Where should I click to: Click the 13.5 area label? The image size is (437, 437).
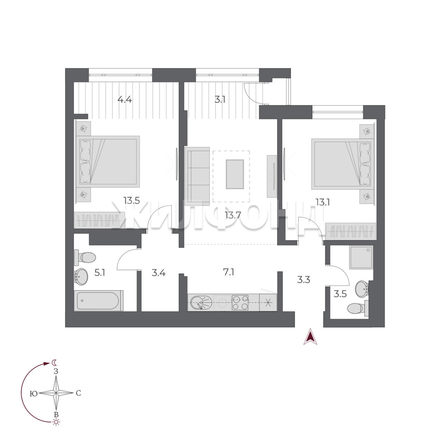[x=132, y=200]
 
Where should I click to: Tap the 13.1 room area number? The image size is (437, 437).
[x=322, y=202]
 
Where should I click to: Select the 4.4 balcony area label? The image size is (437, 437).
[x=125, y=99]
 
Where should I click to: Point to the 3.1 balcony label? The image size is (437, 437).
[x=220, y=99]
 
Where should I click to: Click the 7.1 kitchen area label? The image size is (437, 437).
[x=229, y=272]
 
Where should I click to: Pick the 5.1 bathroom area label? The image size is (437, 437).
[x=100, y=272]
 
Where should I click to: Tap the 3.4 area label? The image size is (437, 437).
[x=159, y=273]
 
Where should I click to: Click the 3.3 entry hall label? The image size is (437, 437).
[x=303, y=279]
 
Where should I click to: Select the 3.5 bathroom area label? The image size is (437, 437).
[x=340, y=294]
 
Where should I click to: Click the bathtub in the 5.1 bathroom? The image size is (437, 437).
[x=98, y=301]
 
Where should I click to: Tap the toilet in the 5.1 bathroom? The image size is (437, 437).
[x=85, y=257]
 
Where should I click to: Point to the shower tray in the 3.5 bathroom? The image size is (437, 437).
[x=361, y=257]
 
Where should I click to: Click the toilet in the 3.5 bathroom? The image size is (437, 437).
[x=358, y=308]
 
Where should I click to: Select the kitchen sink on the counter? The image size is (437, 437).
[x=201, y=303]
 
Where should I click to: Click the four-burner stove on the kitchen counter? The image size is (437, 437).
[x=240, y=303]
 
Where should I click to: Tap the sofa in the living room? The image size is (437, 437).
[x=197, y=176]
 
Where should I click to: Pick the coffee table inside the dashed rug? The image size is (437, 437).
[x=235, y=174]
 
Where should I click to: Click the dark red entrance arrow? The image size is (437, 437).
[x=310, y=336]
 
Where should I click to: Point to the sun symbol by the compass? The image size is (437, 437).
[x=56, y=422]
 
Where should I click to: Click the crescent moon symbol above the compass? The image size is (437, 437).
[x=54, y=363]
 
